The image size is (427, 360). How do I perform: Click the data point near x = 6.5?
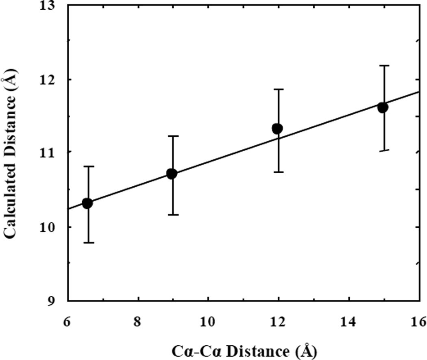[87, 203]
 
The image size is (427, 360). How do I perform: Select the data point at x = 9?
[172, 174]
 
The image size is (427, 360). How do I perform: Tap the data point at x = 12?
[278, 129]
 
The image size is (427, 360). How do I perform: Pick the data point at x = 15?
[383, 107]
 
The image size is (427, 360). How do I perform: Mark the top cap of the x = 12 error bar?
[279, 89]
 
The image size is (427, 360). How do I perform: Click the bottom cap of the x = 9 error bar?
[173, 214]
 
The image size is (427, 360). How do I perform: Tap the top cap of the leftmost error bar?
[88, 166]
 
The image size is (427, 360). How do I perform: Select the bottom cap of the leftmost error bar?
[88, 242]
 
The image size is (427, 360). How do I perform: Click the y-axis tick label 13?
[51, 6]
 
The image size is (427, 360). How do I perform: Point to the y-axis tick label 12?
[51, 79]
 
